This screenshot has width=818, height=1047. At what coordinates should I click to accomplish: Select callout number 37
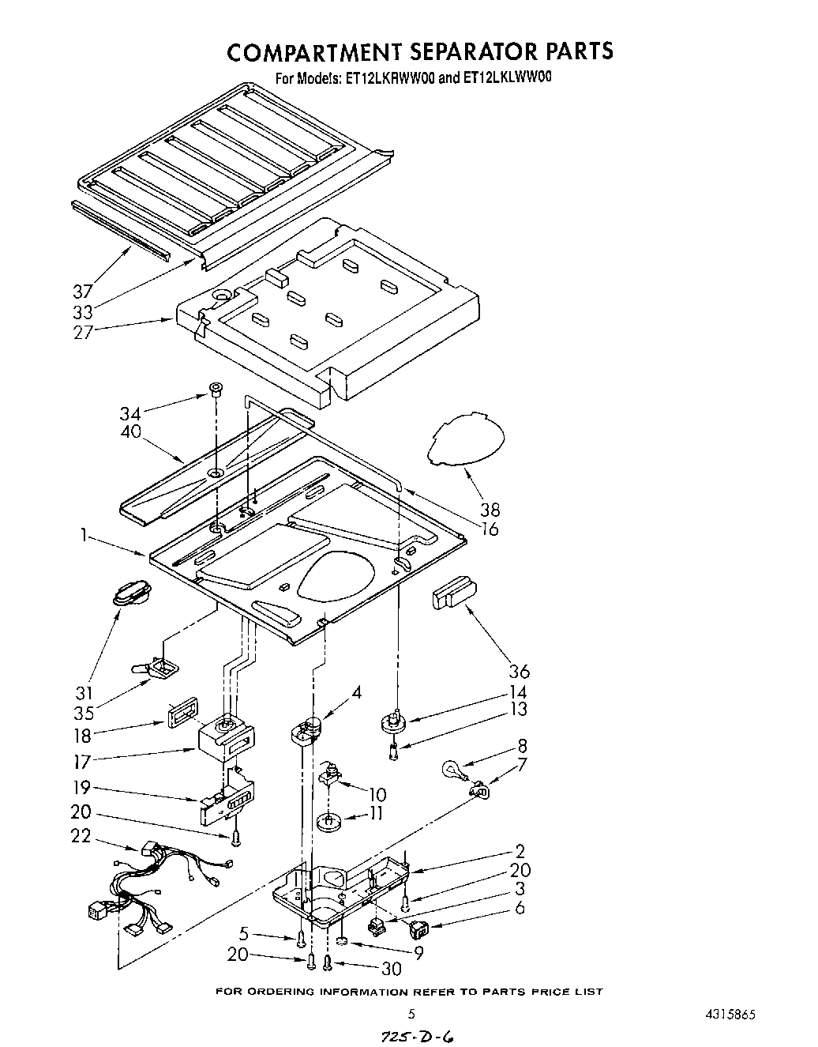point(83,291)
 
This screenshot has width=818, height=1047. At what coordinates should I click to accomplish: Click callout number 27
point(83,331)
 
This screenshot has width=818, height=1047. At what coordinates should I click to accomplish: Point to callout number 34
point(131,412)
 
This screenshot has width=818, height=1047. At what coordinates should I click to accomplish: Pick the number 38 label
point(490,510)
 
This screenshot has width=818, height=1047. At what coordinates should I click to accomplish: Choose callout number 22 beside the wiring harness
point(81,836)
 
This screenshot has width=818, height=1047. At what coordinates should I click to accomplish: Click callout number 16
point(490,529)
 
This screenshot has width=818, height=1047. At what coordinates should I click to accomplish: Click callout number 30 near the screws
point(391,968)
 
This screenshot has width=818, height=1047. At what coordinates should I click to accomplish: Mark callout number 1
point(83,535)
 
